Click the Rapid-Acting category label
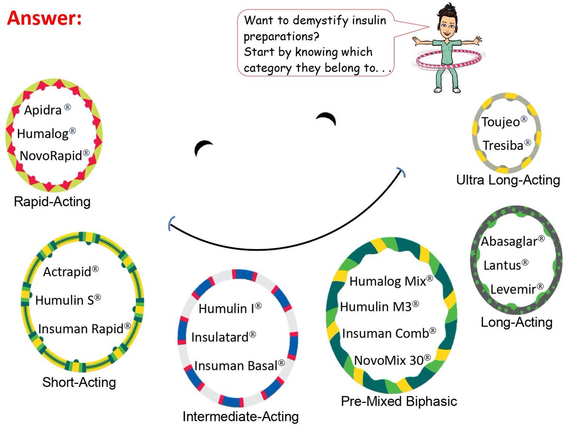click(x=52, y=202)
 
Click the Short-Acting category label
click(x=79, y=382)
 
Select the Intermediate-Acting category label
click(x=240, y=417)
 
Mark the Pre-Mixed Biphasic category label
click(x=399, y=401)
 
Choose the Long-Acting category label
click(x=516, y=322)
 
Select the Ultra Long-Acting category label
click(x=508, y=180)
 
